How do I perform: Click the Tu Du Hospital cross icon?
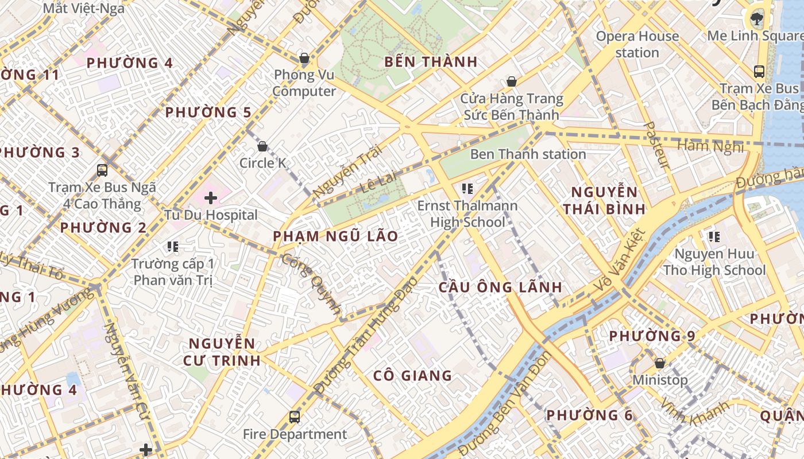pyautogui.click(x=211, y=198)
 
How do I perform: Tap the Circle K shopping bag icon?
pyautogui.click(x=262, y=146)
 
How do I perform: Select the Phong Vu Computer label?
pyautogui.click(x=304, y=83)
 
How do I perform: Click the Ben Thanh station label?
pyautogui.click(x=528, y=154)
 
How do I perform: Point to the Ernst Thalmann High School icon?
pyautogui.click(x=467, y=188)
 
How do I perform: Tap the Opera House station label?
pyautogui.click(x=637, y=44)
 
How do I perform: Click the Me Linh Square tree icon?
pyautogui.click(x=756, y=20)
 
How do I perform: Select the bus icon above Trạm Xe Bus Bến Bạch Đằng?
pyautogui.click(x=759, y=72)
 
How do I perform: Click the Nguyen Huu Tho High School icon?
pyautogui.click(x=714, y=236)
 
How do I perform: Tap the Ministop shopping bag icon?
pyautogui.click(x=660, y=363)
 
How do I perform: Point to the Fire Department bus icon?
pyautogui.click(x=295, y=417)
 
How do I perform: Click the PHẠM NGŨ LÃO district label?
pyautogui.click(x=335, y=236)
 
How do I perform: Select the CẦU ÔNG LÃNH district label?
pyautogui.click(x=500, y=287)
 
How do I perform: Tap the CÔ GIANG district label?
pyautogui.click(x=412, y=376)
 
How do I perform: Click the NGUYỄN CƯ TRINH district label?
pyautogui.click(x=222, y=352)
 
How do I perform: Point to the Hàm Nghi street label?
pyautogui.click(x=710, y=147)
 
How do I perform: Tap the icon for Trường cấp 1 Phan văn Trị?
pyautogui.click(x=173, y=247)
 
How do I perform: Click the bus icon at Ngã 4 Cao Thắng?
pyautogui.click(x=102, y=170)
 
